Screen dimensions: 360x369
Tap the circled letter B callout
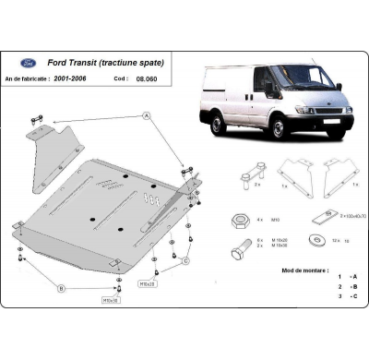[61, 288]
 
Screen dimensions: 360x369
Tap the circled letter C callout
[184, 261]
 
